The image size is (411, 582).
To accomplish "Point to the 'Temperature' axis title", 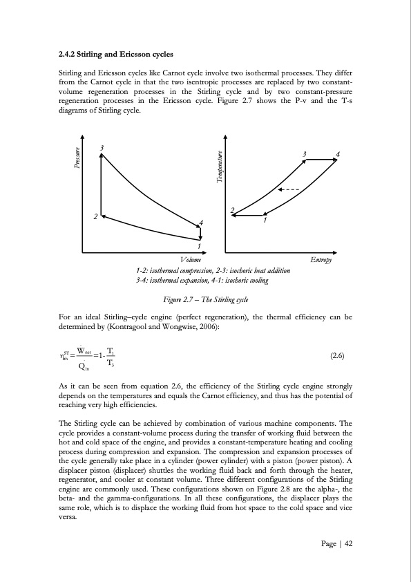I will pyautogui.click(x=219, y=168).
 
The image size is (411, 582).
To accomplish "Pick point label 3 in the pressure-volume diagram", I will pyautogui.click(x=102, y=148).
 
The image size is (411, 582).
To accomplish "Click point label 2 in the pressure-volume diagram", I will pyautogui.click(x=95, y=217).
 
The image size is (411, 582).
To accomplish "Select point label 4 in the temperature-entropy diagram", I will pyautogui.click(x=338, y=153).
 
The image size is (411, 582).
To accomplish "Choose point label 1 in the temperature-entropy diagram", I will pyautogui.click(x=265, y=221).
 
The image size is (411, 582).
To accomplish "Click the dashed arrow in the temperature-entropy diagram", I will pyautogui.click(x=288, y=189).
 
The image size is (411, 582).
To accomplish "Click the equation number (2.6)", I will pyautogui.click(x=338, y=357).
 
